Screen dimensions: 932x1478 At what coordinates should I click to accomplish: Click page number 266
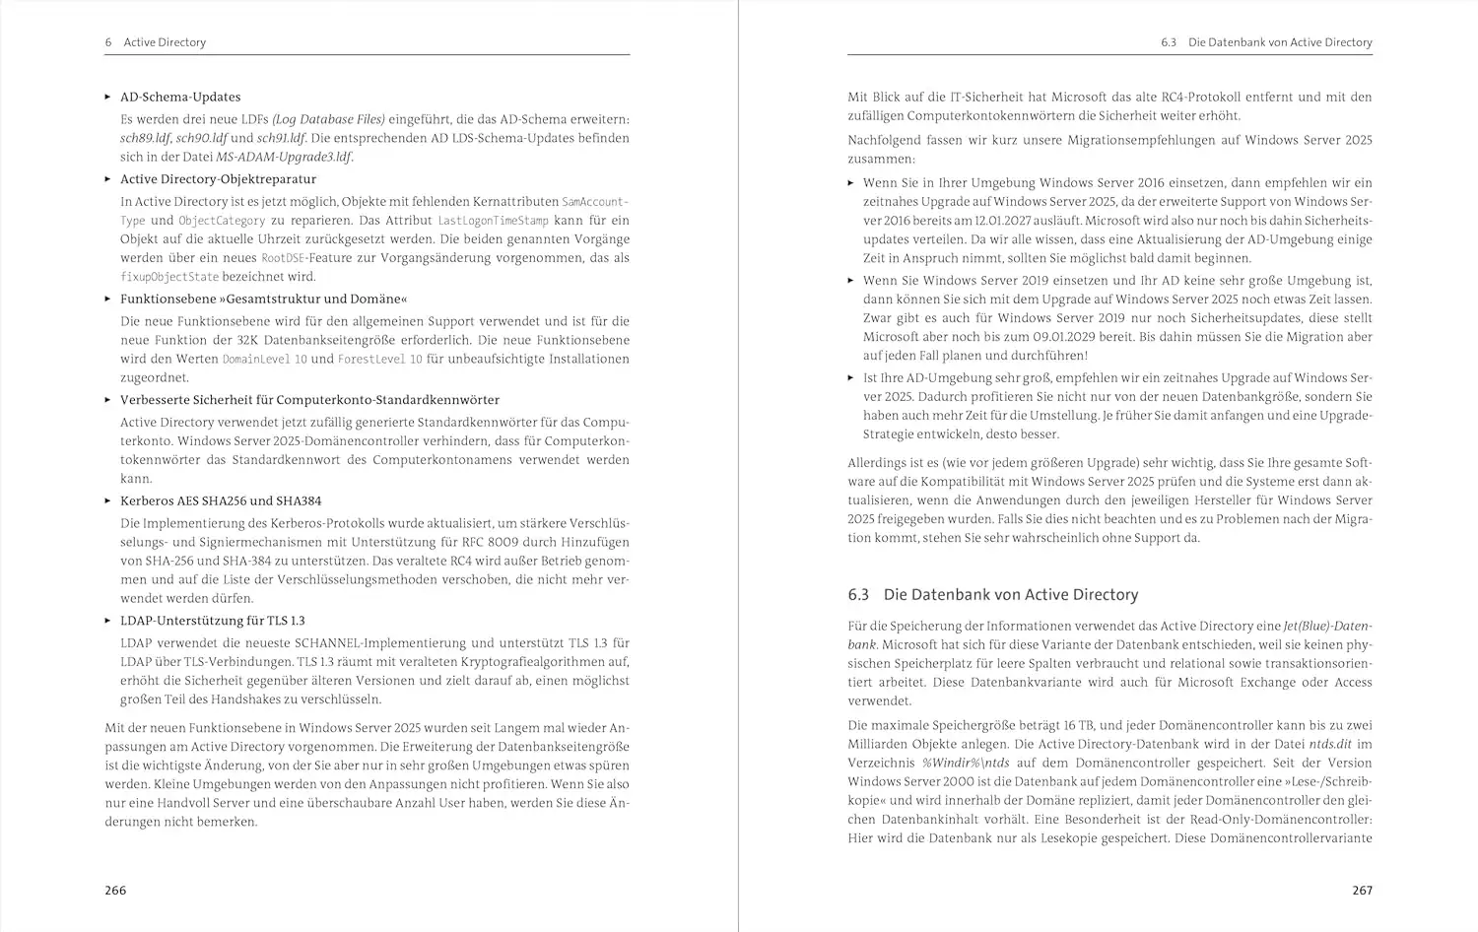(115, 890)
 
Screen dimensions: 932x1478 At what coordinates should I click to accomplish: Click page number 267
(1362, 890)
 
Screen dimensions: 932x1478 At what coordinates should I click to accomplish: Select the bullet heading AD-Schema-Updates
(180, 97)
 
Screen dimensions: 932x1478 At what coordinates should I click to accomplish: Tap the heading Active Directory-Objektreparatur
(218, 179)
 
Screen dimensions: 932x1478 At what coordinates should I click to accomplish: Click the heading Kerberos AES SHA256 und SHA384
(221, 500)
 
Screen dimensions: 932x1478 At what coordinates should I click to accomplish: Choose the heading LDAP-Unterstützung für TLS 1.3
(213, 621)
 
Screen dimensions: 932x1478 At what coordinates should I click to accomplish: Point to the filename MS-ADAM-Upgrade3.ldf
(284, 157)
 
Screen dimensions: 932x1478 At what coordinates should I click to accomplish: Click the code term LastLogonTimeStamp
(493, 221)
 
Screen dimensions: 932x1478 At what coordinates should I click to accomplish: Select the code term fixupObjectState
(168, 277)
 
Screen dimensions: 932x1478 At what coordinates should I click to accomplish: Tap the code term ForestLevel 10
(379, 360)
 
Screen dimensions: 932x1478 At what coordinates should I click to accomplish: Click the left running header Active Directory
(165, 42)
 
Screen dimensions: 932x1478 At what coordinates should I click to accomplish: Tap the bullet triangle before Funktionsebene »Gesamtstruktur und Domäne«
(108, 299)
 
